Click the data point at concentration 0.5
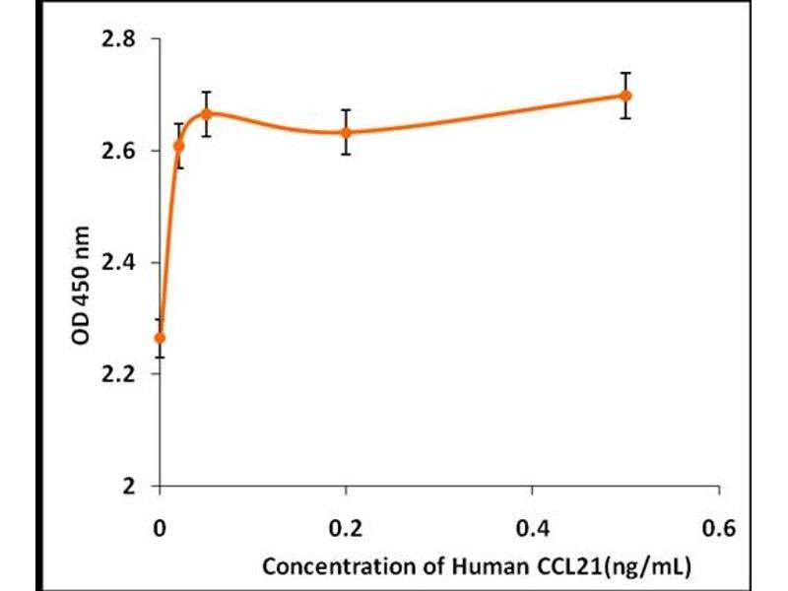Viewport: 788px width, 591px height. point(625,96)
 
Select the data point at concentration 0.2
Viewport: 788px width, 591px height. point(347,132)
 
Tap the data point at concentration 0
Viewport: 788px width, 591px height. point(161,338)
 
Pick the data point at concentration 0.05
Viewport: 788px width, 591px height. point(206,113)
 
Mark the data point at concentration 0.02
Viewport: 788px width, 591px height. point(178,146)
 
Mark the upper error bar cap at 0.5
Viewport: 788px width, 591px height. point(625,73)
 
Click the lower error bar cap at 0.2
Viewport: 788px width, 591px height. point(347,155)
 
